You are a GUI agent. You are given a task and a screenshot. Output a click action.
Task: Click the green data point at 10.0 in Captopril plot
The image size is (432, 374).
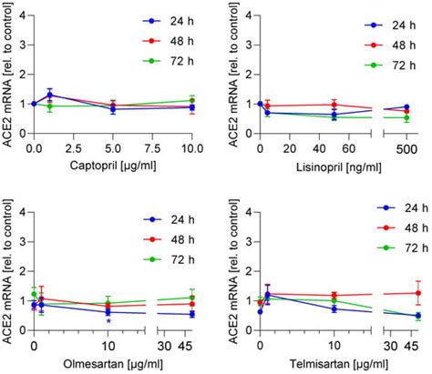tap(192, 100)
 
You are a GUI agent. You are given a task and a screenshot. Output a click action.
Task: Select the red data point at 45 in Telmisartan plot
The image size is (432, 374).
tap(417, 293)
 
